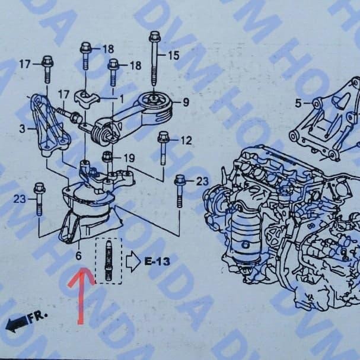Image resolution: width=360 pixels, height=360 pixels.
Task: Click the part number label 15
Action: [173, 56]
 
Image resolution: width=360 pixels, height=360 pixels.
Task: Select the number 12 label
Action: [186, 141]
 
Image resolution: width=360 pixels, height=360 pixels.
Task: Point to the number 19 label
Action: [129, 158]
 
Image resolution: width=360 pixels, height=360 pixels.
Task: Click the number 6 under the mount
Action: [78, 256]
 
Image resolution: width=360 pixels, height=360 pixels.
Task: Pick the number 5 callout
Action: [298, 103]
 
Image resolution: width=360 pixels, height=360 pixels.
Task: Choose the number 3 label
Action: [22, 129]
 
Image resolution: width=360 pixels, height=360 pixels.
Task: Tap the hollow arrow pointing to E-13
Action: [132, 260]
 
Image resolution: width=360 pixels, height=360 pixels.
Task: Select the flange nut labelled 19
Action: [107, 157]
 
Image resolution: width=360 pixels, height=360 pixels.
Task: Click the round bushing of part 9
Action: [154, 102]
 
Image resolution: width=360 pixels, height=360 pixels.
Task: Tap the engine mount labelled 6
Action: [86, 214]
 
